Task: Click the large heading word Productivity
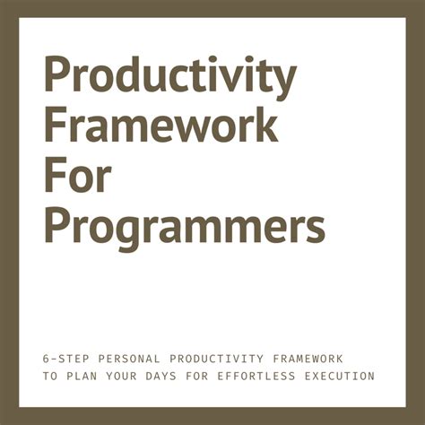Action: click(x=169, y=79)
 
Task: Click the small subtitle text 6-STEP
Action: click(x=62, y=358)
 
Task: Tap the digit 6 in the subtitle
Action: click(x=47, y=358)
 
